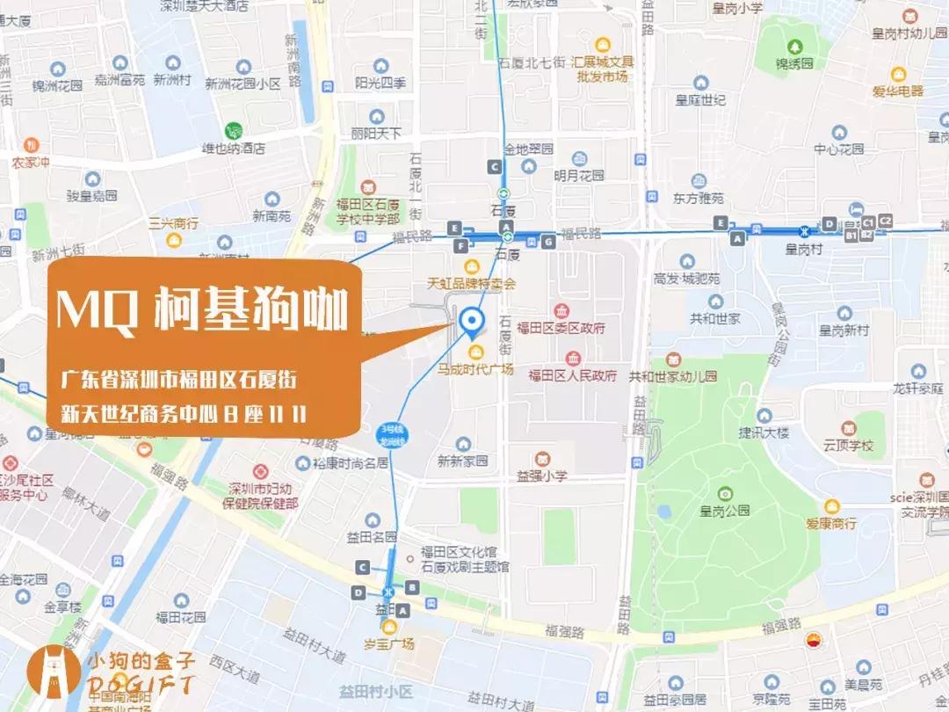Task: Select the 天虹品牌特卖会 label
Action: (471, 284)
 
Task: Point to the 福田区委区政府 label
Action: (561, 328)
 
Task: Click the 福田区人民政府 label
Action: (572, 375)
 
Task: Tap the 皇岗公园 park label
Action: (724, 509)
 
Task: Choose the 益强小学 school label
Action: (542, 476)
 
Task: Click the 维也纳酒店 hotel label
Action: (233, 149)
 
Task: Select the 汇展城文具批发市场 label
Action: (602, 69)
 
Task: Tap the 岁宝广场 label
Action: (390, 643)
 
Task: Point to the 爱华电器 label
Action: (897, 91)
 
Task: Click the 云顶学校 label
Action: (844, 446)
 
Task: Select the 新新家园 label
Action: (462, 461)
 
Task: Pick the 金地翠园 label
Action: (527, 149)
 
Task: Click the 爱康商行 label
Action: (830, 522)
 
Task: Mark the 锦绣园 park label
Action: (794, 63)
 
